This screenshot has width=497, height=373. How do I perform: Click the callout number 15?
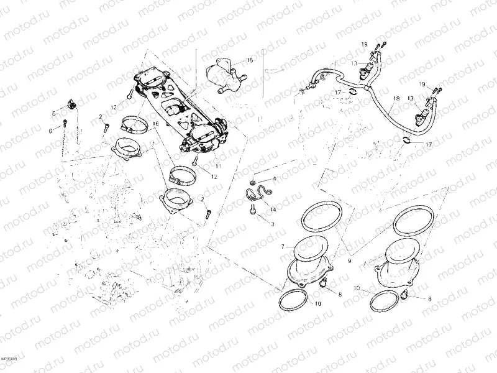coord(250,60)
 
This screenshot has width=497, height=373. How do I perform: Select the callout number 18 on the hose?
coord(396,99)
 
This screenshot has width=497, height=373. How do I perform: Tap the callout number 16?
coord(155,124)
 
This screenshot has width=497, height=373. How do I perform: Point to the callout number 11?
coord(218,167)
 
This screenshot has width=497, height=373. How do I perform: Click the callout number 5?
coord(53,113)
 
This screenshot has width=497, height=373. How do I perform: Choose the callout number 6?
coord(50,130)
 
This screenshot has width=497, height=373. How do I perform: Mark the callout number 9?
coord(349,262)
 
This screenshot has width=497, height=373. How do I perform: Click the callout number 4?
coord(274,179)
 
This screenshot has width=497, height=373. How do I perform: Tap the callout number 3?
coord(272,222)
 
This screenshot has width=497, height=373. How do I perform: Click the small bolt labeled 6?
coord(63,127)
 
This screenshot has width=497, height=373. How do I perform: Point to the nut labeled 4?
coord(254,182)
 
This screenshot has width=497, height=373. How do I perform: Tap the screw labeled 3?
coord(253,211)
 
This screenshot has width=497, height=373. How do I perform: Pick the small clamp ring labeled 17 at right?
coord(404,139)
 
